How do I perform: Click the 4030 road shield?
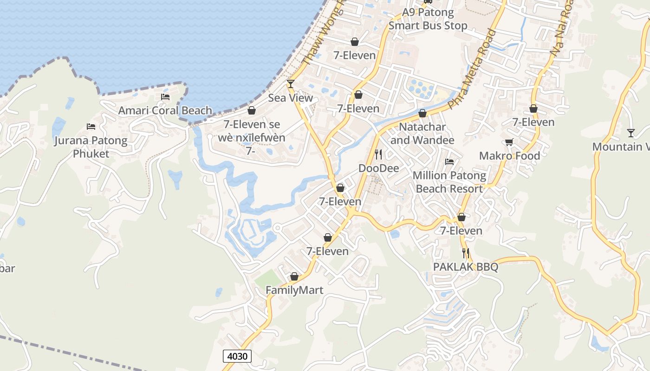[x=237, y=356]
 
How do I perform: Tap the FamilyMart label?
[x=294, y=290]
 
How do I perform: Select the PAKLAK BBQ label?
[x=465, y=267]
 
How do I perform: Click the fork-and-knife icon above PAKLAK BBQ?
[x=466, y=253]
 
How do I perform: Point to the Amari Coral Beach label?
[x=165, y=111]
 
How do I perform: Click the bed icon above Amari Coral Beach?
[x=165, y=97]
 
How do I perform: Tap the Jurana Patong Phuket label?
[x=91, y=147]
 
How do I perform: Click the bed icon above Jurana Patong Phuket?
[x=91, y=126]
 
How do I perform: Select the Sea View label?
[x=291, y=98]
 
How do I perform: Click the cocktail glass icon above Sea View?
[x=291, y=84]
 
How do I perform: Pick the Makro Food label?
[x=509, y=156]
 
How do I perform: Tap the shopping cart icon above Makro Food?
[x=509, y=142]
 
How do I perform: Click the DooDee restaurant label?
[x=378, y=168]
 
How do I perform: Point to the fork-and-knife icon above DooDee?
[x=378, y=154]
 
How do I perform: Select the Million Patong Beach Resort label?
[x=449, y=182]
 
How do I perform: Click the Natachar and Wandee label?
[x=422, y=134]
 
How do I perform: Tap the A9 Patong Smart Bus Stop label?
[x=428, y=19]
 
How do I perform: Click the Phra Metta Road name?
[x=474, y=70]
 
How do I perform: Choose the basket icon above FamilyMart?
[x=294, y=276]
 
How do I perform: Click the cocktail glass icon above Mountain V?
[x=630, y=133]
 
